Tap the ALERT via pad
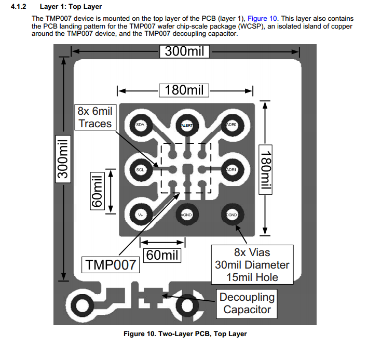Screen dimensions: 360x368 click(186, 126)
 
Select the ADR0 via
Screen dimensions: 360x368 click(231, 125)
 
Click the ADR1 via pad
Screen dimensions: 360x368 click(231, 170)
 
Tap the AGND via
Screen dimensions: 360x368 click(186, 215)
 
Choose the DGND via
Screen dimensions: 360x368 click(231, 215)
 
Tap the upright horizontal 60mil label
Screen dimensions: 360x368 click(162, 256)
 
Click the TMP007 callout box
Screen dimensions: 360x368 click(110, 265)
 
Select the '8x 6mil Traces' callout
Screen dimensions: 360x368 click(95, 117)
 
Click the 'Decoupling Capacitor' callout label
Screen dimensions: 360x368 click(247, 304)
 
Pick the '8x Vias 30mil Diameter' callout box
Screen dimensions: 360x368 click(253, 265)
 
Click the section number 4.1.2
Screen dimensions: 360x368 click(19, 7)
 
